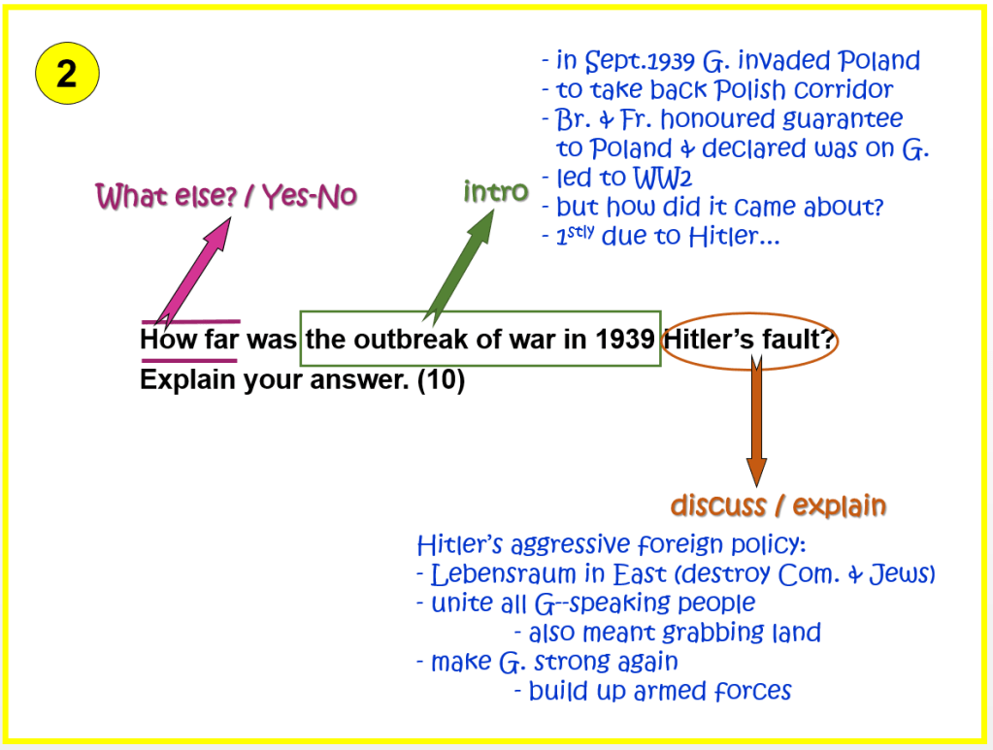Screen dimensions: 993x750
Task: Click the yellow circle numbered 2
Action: click(x=67, y=74)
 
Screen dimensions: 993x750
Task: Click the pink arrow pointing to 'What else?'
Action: click(x=194, y=271)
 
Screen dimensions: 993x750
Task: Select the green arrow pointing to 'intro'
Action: click(x=460, y=267)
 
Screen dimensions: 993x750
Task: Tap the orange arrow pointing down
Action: click(x=756, y=420)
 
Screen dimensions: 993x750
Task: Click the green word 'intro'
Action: click(x=496, y=191)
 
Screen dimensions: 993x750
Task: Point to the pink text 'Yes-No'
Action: click(x=310, y=196)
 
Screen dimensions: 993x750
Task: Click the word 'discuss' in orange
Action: click(x=718, y=505)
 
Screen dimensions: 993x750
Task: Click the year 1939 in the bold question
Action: click(x=624, y=340)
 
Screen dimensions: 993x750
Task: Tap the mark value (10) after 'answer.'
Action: click(x=441, y=379)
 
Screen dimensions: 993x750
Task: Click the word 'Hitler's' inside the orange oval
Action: click(x=710, y=340)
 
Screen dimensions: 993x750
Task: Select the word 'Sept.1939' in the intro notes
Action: click(x=640, y=61)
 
